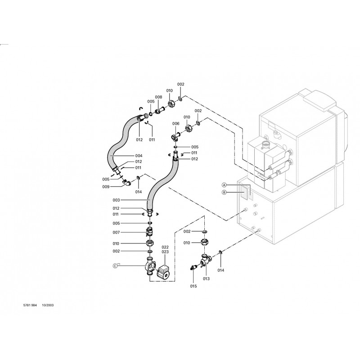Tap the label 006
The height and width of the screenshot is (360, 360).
coord(175,124)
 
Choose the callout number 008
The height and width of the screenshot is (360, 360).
coord(158,97)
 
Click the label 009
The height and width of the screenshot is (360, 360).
coord(106,186)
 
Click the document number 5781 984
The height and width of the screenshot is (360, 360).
coord(25,304)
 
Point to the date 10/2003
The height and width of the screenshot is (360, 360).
coord(48,304)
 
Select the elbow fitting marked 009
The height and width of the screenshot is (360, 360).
coord(128,183)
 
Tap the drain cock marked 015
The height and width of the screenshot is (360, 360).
coord(194,268)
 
